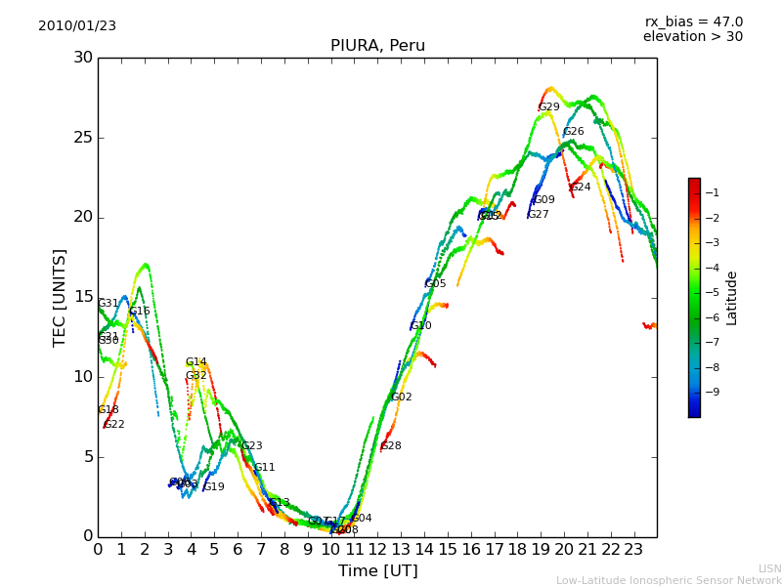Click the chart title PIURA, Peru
377,46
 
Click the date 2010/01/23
77,26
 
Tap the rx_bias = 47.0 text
693,21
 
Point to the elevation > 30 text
693,37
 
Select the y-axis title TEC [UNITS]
61,297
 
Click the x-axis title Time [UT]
377,571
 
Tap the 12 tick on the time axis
377,549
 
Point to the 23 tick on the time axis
633,549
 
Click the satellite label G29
549,107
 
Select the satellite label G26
574,132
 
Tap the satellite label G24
581,188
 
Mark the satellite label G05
435,284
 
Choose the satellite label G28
391,446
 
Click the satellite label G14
196,362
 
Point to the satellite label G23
252,446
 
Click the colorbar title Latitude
731,298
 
